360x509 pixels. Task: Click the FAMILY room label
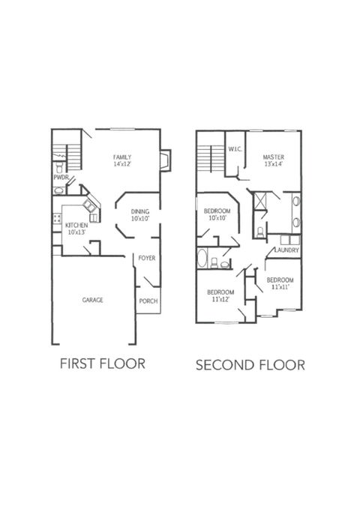(121, 157)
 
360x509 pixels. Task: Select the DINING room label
(140, 211)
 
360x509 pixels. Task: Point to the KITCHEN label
(76, 225)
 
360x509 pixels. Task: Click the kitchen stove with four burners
(55, 219)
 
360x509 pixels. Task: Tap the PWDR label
(60, 178)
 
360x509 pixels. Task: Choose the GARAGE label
(92, 300)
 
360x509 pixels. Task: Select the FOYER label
(146, 259)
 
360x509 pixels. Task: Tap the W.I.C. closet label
(233, 148)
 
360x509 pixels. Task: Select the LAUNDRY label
(287, 250)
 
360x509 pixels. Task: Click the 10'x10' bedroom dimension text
(217, 220)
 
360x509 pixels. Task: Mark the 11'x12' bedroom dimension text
(220, 300)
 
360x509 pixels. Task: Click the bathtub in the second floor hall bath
(202, 259)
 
